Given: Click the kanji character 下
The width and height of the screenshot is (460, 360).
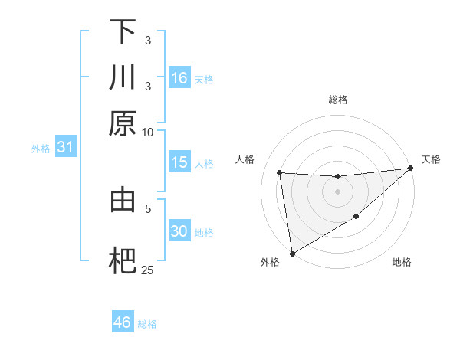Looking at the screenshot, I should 123,32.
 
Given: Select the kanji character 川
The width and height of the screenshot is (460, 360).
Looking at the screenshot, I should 123,77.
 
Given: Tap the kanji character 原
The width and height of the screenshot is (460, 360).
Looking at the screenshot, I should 123,123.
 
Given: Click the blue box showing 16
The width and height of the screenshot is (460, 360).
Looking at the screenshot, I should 179,78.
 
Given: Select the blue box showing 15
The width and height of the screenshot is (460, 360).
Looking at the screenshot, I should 179,162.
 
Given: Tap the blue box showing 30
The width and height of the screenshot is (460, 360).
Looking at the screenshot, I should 179,231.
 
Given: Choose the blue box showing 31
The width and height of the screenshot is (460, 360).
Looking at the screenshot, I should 65,148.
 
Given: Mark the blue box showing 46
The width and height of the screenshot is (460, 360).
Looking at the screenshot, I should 122,322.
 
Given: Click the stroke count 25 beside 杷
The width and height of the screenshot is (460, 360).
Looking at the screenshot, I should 147,270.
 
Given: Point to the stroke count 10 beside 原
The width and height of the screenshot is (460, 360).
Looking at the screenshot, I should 148,132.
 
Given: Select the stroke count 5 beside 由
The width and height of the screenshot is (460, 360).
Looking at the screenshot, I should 148,208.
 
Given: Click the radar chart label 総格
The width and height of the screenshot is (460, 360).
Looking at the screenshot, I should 338,100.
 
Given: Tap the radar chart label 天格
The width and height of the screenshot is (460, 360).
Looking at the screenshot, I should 432,159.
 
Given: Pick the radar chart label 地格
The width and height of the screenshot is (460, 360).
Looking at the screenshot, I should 402,263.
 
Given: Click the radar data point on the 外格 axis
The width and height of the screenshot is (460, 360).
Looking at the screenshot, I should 291,253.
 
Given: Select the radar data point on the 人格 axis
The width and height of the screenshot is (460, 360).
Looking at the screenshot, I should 280,172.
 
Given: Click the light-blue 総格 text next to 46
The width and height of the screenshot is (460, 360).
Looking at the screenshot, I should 147,324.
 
